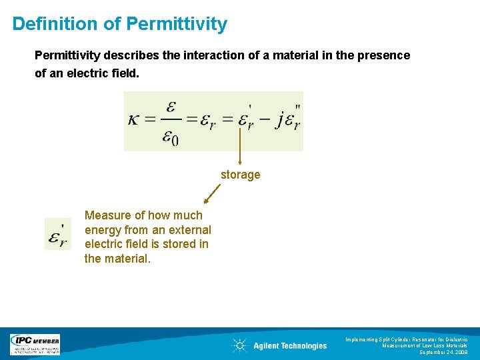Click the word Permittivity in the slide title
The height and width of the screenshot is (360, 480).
177,25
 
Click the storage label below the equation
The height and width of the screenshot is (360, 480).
240,175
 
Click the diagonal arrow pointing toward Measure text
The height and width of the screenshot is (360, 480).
212,194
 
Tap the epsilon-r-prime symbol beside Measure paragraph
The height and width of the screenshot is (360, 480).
57,235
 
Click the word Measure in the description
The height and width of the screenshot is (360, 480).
107,215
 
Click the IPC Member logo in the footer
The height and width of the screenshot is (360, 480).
35,345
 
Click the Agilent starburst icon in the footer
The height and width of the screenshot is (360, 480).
239,345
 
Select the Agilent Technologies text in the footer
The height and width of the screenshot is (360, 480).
290,345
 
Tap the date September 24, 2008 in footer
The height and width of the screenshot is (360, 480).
443,352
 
